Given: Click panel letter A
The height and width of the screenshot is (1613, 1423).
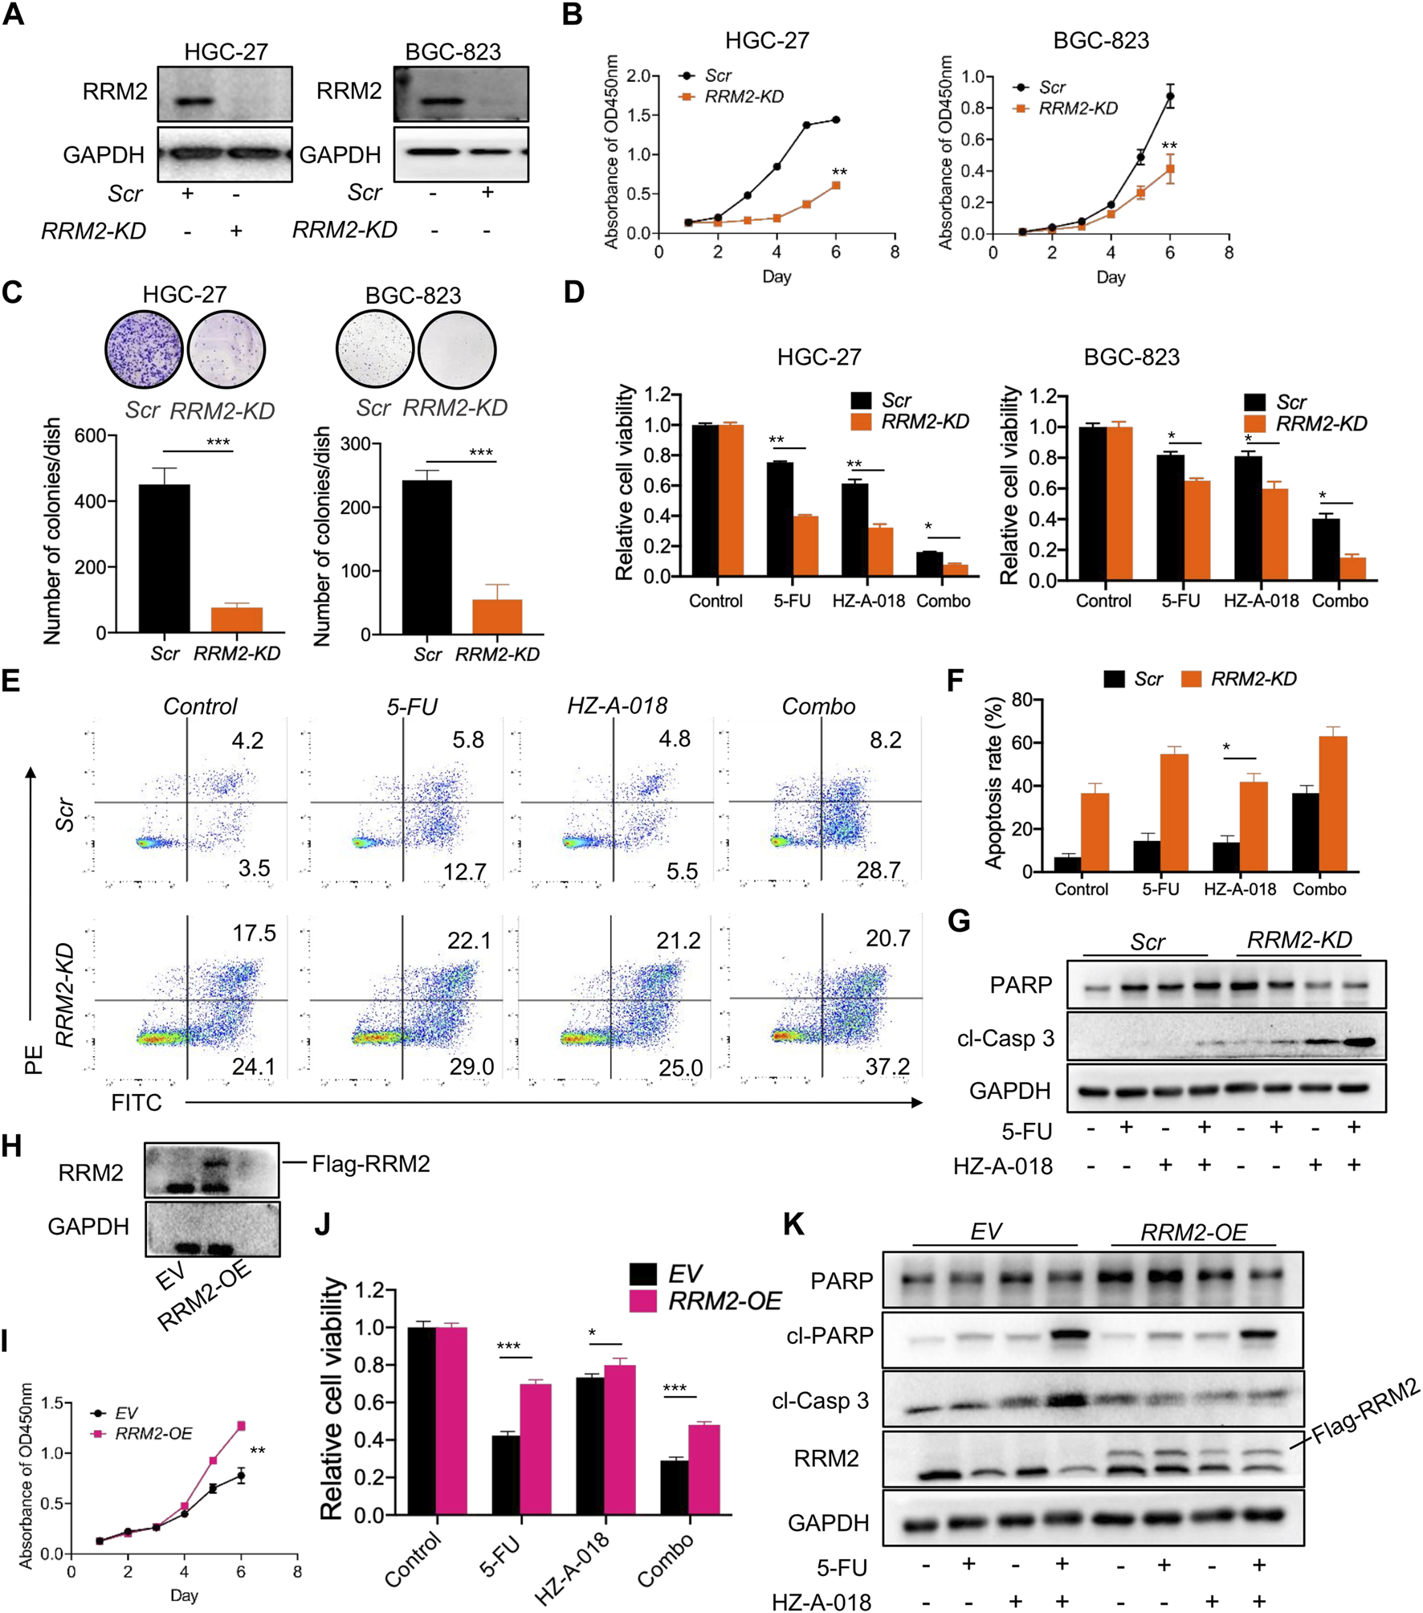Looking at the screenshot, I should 14,14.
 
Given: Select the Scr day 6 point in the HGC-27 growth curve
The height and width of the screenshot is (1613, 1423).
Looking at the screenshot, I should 836,120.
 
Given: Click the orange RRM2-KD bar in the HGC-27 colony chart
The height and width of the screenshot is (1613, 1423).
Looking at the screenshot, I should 236,619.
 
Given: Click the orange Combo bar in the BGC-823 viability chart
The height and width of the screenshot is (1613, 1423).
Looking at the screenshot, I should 1352,568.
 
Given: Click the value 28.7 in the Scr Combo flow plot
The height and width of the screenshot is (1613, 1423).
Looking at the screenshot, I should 878,870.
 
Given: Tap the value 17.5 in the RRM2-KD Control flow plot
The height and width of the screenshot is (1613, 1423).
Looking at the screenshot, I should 254,933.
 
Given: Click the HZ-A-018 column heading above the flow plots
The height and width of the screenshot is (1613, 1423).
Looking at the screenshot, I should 617,706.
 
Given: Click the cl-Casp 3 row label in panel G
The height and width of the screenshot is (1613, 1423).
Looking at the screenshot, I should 1005,1039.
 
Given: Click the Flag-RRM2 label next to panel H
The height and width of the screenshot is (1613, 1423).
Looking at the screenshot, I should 370,1164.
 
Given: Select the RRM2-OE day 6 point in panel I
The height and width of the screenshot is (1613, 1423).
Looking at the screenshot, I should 241,1426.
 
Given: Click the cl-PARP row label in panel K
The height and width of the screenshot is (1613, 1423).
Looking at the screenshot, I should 830,1336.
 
